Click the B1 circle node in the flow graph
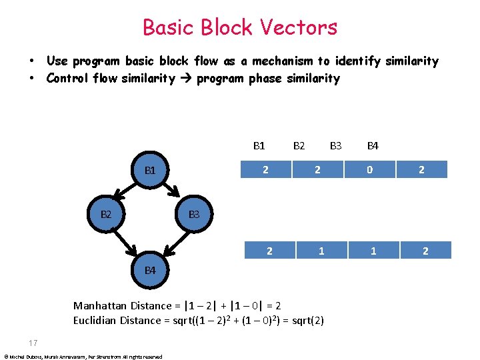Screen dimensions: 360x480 point(150,170)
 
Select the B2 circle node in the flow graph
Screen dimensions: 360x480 point(106,214)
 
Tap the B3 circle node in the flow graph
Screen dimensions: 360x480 point(194,214)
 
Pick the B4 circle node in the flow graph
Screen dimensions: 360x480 point(150,270)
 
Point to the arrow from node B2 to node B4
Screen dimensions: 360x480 point(125,241)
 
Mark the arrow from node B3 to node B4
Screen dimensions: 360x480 point(175,241)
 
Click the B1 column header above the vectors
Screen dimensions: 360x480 point(259,145)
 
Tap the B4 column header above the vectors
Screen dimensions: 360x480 point(373,145)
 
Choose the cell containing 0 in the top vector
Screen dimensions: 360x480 point(370,169)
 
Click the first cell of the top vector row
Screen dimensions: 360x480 point(266,169)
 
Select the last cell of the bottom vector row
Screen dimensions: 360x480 point(425,251)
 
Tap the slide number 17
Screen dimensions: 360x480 point(34,343)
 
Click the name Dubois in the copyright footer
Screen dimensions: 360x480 point(33,357)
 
